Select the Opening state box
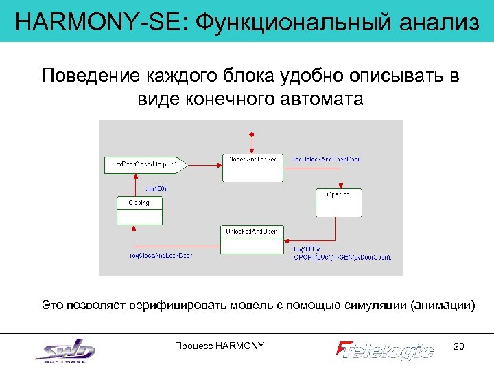pyautogui.click(x=338, y=202)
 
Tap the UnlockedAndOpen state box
pyautogui.click(x=252, y=240)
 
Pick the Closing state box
pyautogui.click(x=139, y=210)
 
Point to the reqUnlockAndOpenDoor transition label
pyautogui.click(x=327, y=159)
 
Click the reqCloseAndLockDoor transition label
pyautogui.click(x=161, y=256)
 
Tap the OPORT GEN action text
pyautogui.click(x=342, y=258)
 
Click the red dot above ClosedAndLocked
pyautogui.click(x=252, y=133)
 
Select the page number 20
pyautogui.click(x=459, y=346)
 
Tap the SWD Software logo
pyautogui.click(x=65, y=350)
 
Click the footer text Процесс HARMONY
pyautogui.click(x=220, y=346)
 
